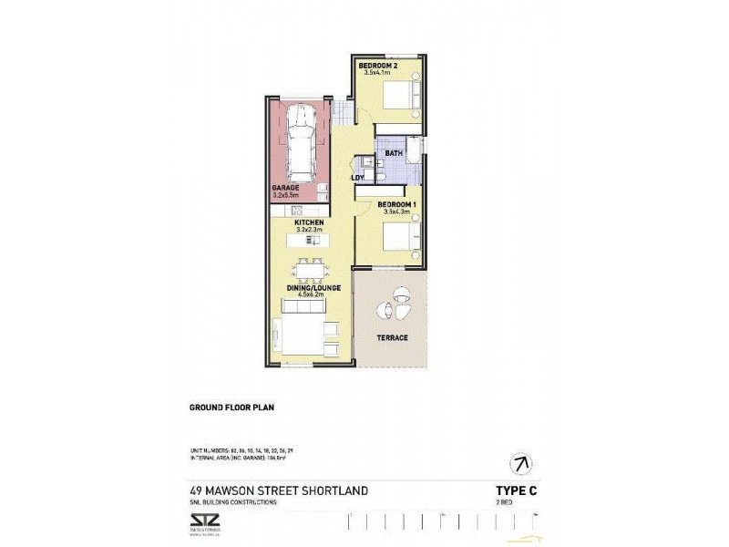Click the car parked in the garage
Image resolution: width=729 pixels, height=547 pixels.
[301, 144]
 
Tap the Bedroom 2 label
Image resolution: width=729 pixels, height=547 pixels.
[377, 66]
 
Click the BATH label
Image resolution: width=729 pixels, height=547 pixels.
[394, 153]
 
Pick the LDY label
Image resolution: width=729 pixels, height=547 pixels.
[357, 177]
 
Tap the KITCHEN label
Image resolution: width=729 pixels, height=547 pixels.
[309, 222]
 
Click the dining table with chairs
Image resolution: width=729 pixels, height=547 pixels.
[308, 271]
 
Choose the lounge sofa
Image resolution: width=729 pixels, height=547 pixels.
[303, 333]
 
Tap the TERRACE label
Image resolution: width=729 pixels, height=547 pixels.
[391, 338]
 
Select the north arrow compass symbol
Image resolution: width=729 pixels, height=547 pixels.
[520, 462]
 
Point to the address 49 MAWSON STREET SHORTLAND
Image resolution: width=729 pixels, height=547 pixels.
[279, 490]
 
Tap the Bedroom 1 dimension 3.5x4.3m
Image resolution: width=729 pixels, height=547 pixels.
[398, 211]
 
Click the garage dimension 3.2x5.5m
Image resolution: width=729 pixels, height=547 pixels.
[289, 195]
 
